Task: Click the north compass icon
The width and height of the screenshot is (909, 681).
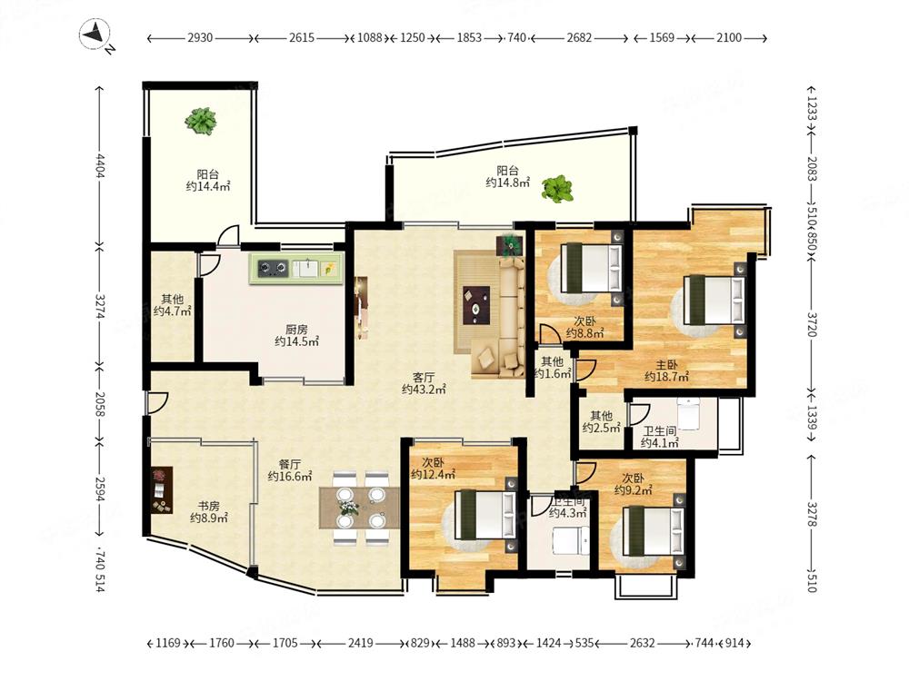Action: point(96,35)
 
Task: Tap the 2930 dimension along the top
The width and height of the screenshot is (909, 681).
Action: point(200,37)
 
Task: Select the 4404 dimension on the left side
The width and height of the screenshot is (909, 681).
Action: point(100,165)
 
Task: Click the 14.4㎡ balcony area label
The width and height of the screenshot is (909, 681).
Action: point(208,186)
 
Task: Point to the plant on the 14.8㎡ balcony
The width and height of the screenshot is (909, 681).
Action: point(557,189)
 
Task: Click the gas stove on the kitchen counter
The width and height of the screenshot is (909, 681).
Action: point(273,268)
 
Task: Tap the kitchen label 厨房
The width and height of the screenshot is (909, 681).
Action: point(297,330)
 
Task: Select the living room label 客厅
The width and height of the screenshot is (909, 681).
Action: point(424,377)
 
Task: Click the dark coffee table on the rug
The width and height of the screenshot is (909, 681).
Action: point(477,305)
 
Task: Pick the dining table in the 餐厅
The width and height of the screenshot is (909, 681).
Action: point(359,508)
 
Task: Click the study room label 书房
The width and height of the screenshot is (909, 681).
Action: point(208,506)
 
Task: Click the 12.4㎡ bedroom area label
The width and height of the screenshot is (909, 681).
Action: point(433,476)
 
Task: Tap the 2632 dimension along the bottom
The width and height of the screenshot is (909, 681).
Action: point(643,643)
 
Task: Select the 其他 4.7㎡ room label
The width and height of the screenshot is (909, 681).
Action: point(173,305)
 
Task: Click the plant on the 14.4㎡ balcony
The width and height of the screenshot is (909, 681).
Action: point(201,122)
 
